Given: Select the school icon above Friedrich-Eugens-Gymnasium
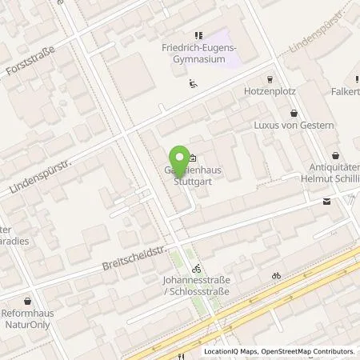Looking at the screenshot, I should pos(199,34).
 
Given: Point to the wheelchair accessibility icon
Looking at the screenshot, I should pos(192,82).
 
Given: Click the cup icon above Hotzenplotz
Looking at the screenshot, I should pos(270,79).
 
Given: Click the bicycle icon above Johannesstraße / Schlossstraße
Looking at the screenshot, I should pos(196,269).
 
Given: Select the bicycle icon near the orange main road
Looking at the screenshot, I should pos(276,275).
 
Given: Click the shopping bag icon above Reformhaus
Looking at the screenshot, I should pos(30,302).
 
